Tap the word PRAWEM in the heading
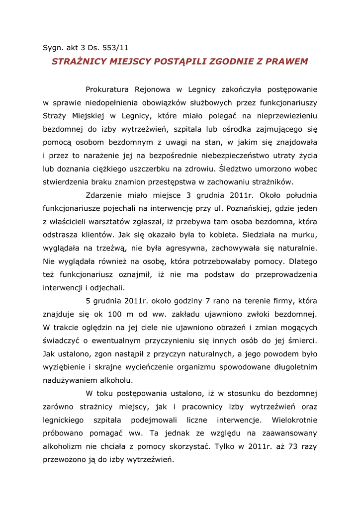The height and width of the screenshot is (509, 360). [x=287, y=62]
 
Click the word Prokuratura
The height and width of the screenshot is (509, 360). [x=107, y=89]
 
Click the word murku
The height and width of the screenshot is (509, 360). [x=304, y=235]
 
